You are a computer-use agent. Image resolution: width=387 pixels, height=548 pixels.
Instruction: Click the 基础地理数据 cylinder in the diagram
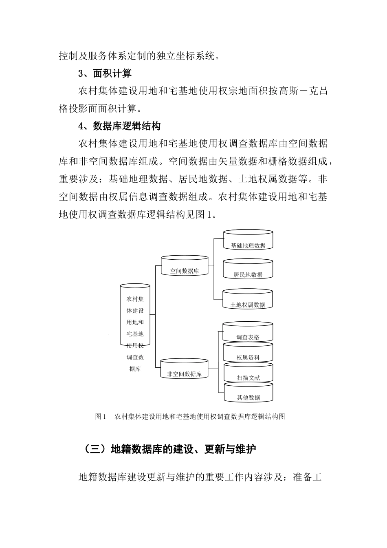(248, 240)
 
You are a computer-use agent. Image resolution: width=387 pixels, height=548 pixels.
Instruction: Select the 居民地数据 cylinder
(248, 270)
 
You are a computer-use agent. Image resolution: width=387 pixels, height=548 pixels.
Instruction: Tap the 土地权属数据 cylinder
(248, 300)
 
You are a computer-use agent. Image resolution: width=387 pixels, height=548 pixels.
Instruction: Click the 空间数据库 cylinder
(185, 266)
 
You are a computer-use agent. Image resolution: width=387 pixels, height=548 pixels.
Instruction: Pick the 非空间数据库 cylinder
(185, 369)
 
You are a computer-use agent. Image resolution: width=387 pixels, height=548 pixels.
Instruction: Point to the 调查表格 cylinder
(248, 332)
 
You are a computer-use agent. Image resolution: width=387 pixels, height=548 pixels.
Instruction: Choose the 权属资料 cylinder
(248, 353)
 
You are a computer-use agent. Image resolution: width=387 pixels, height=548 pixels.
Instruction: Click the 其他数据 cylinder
(248, 393)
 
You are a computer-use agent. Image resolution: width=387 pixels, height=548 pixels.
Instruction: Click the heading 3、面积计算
(105, 74)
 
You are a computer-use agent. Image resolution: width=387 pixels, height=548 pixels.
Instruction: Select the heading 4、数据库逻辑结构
(119, 126)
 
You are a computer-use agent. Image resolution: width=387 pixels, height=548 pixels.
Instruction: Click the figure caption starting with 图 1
(190, 417)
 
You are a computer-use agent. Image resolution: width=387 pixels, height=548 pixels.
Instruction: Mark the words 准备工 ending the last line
(308, 477)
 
